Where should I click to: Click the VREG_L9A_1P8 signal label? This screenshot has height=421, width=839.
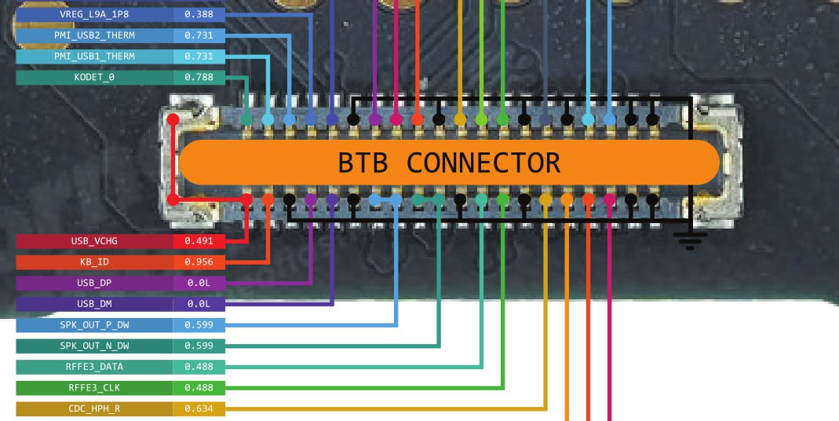click(x=94, y=14)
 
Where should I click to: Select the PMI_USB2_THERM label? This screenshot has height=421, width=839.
click(x=94, y=35)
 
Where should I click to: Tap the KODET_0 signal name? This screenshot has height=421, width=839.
click(x=94, y=77)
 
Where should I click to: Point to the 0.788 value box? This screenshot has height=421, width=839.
click(x=199, y=77)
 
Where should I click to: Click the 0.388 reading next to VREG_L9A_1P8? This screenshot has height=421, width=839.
click(x=199, y=14)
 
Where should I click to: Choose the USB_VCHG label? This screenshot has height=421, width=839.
click(x=94, y=241)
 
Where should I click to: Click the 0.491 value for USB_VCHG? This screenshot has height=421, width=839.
click(x=199, y=241)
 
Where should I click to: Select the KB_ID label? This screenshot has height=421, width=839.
click(x=94, y=262)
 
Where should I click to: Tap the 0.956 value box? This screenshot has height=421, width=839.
click(x=199, y=262)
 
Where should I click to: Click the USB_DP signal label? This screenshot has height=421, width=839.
click(x=94, y=283)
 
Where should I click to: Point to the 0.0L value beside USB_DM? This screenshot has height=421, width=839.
click(x=199, y=304)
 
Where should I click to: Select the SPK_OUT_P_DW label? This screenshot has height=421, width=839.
click(x=94, y=325)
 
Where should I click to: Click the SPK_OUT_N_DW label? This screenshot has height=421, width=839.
click(x=94, y=346)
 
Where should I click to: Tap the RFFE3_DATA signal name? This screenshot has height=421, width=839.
click(x=94, y=367)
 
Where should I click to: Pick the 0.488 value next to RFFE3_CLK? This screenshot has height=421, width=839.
click(x=199, y=388)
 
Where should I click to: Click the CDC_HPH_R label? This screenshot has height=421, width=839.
click(x=94, y=408)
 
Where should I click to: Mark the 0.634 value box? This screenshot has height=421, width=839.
click(x=199, y=408)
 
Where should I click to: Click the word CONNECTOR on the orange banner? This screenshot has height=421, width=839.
click(x=483, y=163)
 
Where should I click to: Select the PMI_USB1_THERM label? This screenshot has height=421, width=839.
click(x=94, y=57)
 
